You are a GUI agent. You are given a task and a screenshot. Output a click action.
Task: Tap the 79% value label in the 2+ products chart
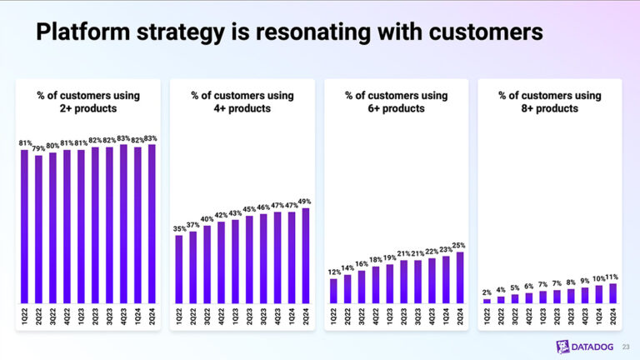[x=38, y=149]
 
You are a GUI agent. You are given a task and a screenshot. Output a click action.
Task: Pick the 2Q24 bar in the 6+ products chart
[x=460, y=277]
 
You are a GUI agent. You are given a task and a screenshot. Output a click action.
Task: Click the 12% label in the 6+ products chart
[x=333, y=272]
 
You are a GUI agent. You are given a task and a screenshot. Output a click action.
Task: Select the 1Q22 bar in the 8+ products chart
[x=487, y=301]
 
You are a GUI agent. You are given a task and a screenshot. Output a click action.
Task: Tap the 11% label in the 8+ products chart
[x=613, y=277]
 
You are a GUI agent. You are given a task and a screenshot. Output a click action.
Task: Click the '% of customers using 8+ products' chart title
[x=550, y=102]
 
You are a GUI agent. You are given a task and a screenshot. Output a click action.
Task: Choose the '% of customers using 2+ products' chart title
[x=88, y=102]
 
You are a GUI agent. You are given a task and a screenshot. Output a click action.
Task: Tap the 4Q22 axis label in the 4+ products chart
[x=222, y=317]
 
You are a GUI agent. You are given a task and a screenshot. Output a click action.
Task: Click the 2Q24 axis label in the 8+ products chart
[x=613, y=317]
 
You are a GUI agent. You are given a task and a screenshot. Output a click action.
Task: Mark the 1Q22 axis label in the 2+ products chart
[x=25, y=317]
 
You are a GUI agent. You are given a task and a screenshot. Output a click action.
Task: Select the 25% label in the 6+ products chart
[x=460, y=245]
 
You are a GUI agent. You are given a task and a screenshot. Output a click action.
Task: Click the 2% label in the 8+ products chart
[x=487, y=292]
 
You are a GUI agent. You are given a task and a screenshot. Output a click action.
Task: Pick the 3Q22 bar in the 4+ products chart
[x=207, y=263]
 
